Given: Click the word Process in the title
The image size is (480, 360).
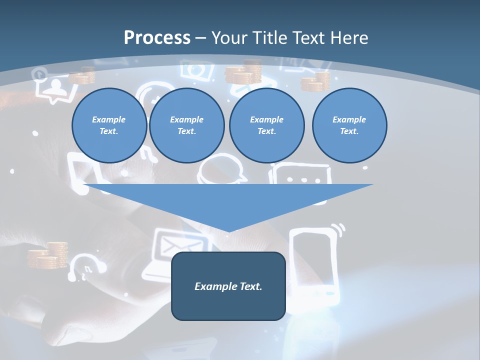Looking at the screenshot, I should (x=157, y=37).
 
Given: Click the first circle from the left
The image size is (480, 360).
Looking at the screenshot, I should (x=109, y=125).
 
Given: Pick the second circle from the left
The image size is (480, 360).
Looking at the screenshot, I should (x=186, y=125).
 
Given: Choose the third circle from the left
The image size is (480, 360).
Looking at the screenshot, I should (x=266, y=125).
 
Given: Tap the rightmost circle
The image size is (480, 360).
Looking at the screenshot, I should (x=349, y=125).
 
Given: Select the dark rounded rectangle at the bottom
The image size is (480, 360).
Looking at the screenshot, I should (x=228, y=305).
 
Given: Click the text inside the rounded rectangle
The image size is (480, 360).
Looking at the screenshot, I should (x=228, y=286).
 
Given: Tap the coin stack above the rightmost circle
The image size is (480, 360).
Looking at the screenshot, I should (x=316, y=81).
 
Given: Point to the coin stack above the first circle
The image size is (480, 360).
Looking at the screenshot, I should (x=82, y=75).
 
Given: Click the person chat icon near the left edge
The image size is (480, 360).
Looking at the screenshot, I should (x=54, y=90).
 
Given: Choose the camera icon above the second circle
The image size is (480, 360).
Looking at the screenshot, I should (x=195, y=70).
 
